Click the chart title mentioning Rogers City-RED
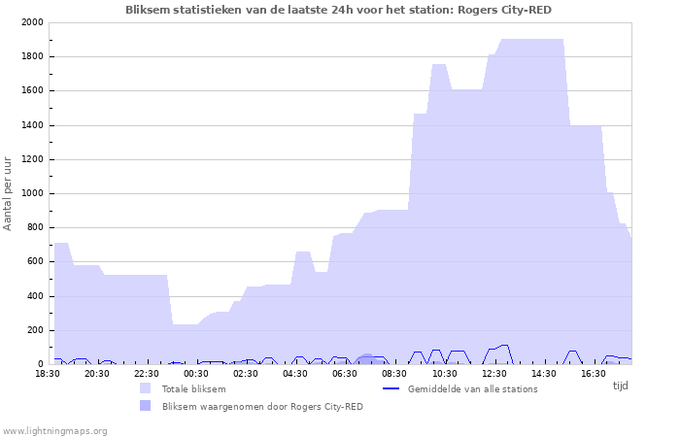pyautogui.click(x=338, y=10)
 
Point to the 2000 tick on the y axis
pyautogui.click(x=32, y=22)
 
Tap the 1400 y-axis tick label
pyautogui.click(x=32, y=125)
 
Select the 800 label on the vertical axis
pyautogui.click(x=35, y=227)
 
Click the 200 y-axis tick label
pyautogui.click(x=35, y=330)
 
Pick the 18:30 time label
pyautogui.click(x=48, y=374)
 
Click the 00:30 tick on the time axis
pyautogui.click(x=196, y=374)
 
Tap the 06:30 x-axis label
pyautogui.click(x=345, y=374)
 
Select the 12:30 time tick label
pyautogui.click(x=493, y=374)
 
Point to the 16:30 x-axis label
pyautogui.click(x=594, y=374)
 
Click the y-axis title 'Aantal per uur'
pyautogui.click(x=8, y=194)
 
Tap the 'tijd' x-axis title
pyautogui.click(x=620, y=386)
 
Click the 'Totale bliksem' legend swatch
pyautogui.click(x=146, y=388)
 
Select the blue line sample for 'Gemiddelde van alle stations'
pyautogui.click(x=391, y=388)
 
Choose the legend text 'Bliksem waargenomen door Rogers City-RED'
pyautogui.click(x=262, y=407)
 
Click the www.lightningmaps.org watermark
pyautogui.click(x=54, y=431)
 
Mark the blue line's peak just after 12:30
pyautogui.click(x=504, y=345)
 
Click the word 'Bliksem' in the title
pyautogui.click(x=148, y=10)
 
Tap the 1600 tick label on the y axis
pyautogui.click(x=32, y=90)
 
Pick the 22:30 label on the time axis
pyautogui.click(x=147, y=374)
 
